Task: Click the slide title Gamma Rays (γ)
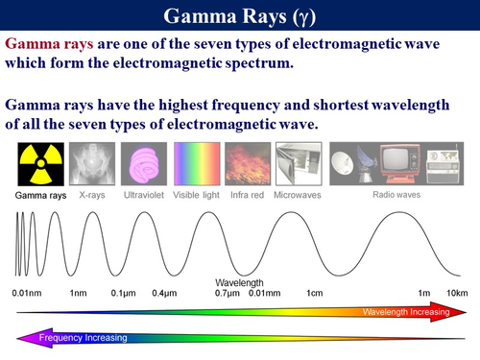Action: [x=239, y=16]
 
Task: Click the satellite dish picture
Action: [x=348, y=165]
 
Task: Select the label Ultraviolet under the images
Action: [x=143, y=195]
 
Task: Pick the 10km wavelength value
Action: [x=454, y=292]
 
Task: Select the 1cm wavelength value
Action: [x=314, y=292]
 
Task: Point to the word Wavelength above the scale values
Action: [x=239, y=282]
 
